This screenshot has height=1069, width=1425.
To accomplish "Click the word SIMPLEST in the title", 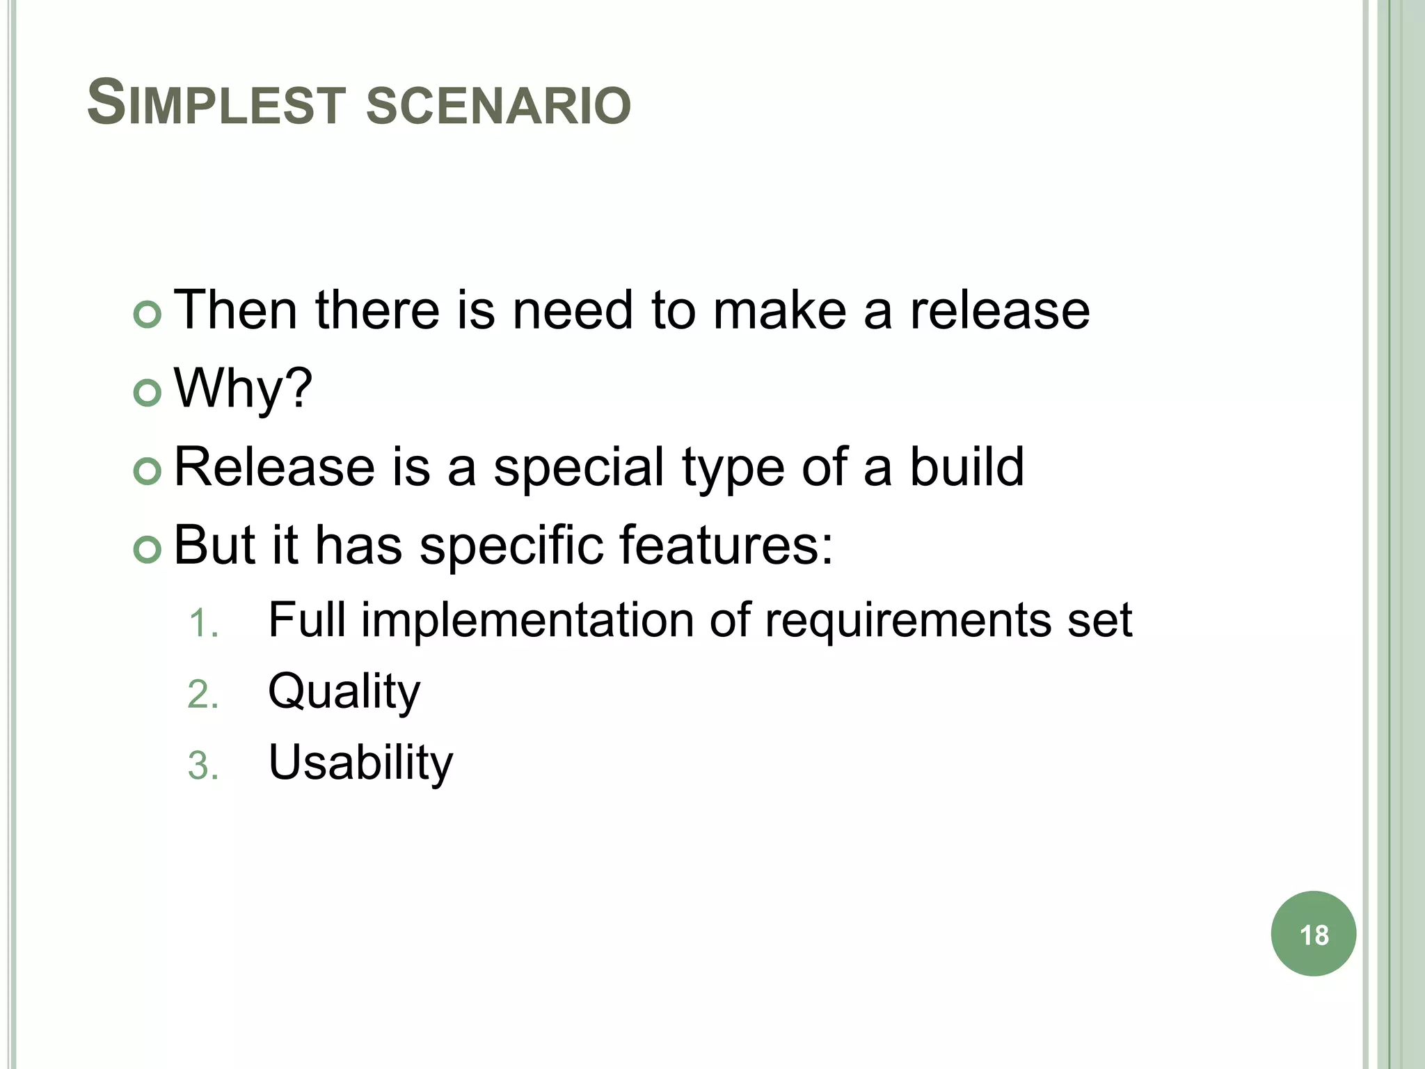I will [216, 104].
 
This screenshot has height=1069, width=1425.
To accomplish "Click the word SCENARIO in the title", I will [498, 106].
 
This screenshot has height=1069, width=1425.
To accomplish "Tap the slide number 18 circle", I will [1313, 934].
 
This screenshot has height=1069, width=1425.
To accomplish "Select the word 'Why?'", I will [243, 388].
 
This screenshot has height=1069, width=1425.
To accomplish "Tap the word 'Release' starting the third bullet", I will [274, 466].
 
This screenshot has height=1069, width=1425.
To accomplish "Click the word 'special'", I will [578, 468].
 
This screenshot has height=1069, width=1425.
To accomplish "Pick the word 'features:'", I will [726, 544].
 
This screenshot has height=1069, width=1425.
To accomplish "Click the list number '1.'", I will [203, 623].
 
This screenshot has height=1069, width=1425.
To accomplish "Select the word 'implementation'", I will [527, 620].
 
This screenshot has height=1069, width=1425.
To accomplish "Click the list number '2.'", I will [203, 695].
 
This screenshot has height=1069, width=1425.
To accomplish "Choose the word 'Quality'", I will [344, 692].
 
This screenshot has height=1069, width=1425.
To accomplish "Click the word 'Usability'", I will [360, 763].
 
